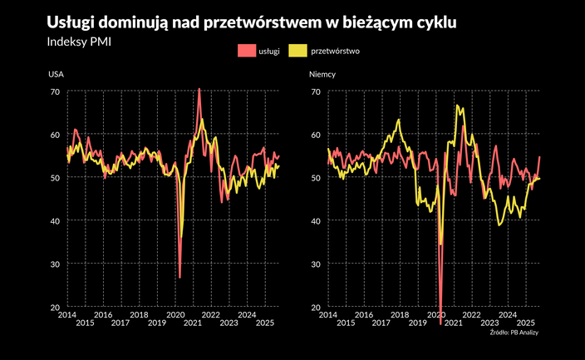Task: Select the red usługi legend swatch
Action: coord(246,52)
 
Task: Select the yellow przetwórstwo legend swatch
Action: coord(297,52)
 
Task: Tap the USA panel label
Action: coord(57,74)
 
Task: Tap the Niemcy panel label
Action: coord(323,74)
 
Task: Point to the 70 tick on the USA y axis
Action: coord(56,91)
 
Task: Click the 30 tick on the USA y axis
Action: coord(56,264)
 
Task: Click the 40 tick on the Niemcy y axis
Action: coord(315,221)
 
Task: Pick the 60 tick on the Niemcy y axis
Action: coord(315,135)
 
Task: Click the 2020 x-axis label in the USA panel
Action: coord(175,314)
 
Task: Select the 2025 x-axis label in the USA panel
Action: coord(266,323)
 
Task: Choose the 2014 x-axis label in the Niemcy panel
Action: coord(327,314)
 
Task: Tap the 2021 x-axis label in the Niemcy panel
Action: coord(453,323)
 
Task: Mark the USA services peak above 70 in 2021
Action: coord(199,88)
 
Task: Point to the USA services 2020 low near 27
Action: coord(179,278)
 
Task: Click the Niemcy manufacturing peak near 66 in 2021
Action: coord(458,106)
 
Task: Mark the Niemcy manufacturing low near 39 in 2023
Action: coord(499,225)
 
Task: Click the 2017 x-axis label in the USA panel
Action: coord(121,323)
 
